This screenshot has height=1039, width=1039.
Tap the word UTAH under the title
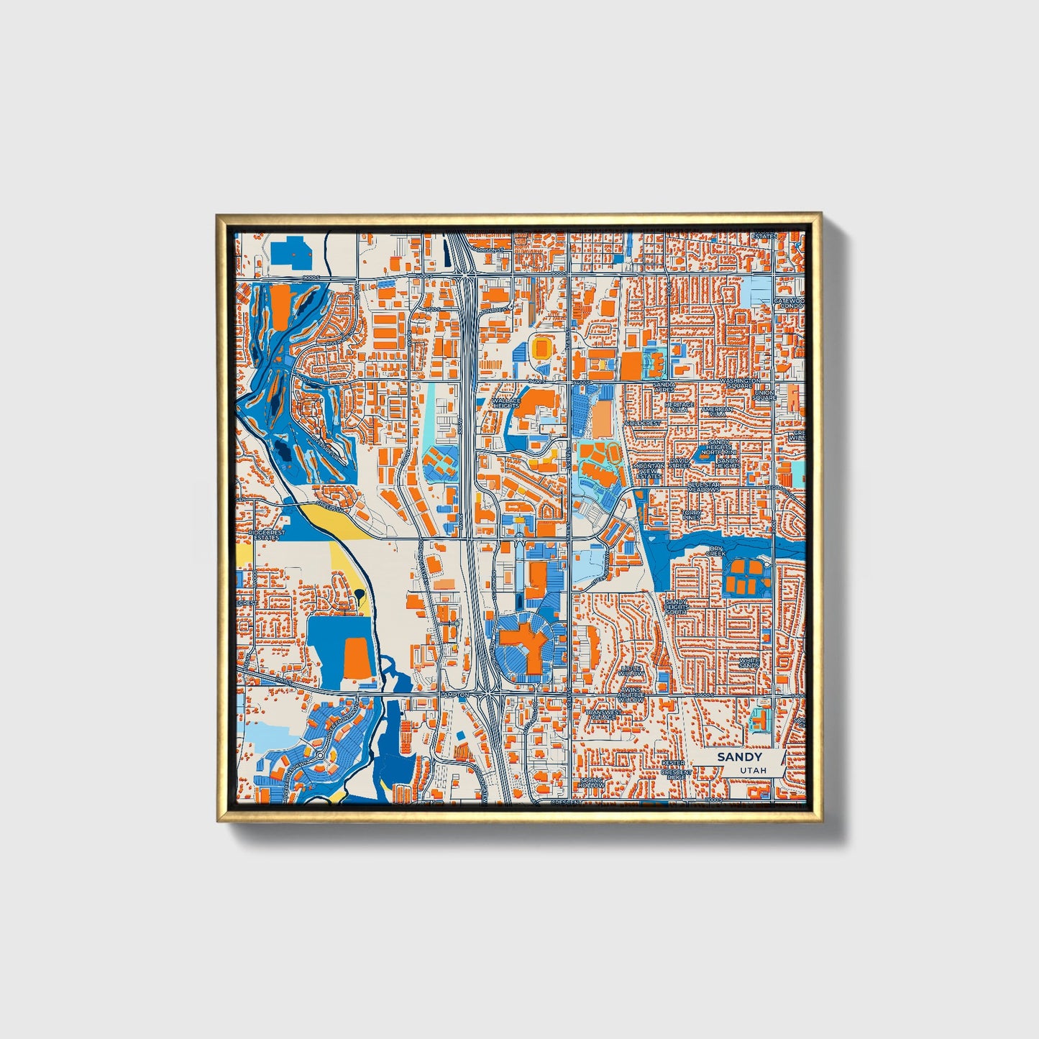(x=752, y=770)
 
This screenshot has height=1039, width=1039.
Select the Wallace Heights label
(x=506, y=403)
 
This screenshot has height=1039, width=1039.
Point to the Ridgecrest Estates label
(x=267, y=535)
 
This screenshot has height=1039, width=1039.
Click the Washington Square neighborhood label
(x=739, y=382)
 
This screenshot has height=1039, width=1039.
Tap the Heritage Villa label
(x=679, y=407)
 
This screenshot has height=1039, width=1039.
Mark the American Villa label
(x=717, y=411)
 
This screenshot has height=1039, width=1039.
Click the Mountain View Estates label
(x=649, y=470)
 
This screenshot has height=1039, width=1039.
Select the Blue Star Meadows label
(x=703, y=488)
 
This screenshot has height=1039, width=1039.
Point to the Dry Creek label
(x=715, y=551)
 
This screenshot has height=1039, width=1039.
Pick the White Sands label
(x=749, y=662)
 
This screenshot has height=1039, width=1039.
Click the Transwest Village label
(x=602, y=715)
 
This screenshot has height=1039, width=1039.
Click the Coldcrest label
(x=643, y=424)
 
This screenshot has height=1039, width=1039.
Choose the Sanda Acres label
(x=664, y=387)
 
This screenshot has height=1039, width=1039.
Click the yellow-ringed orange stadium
(x=541, y=348)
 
